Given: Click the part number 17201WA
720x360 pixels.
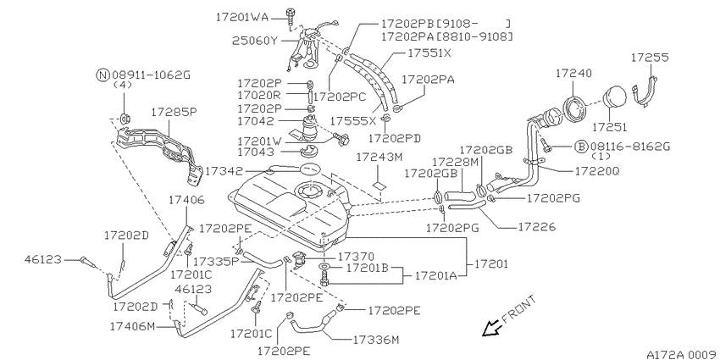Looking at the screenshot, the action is pos(243,18).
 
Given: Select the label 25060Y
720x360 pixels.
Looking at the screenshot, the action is pos(255,41).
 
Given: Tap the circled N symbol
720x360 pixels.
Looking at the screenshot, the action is pos(102,75).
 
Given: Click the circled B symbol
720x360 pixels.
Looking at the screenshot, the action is pos(581,147).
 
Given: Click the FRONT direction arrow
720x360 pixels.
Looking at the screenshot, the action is pos(491,328).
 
